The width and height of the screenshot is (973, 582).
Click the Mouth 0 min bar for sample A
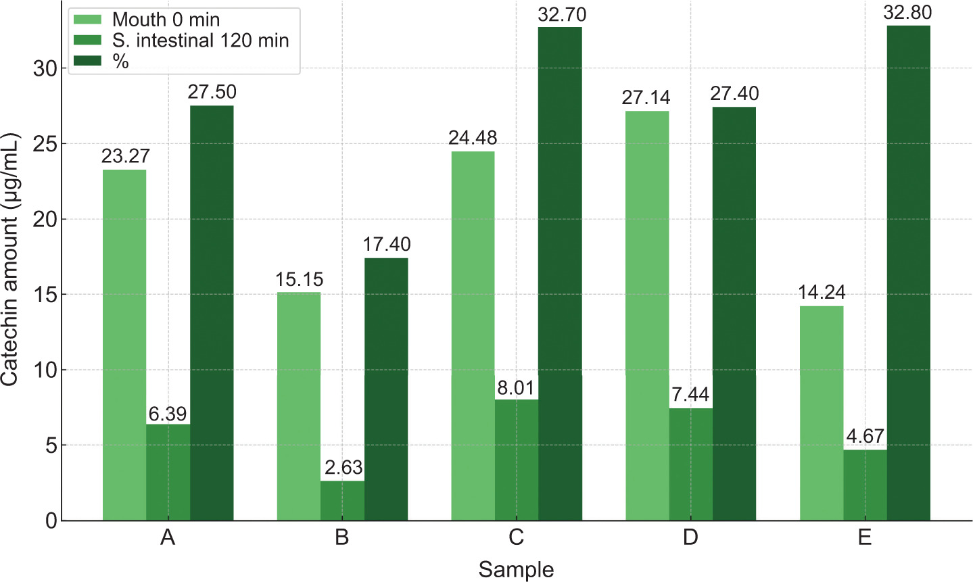[x=124, y=345]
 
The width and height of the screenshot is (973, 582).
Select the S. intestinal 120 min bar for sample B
[x=342, y=500]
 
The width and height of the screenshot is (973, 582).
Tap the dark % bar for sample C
[x=560, y=274]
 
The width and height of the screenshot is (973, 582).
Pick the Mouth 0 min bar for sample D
[x=647, y=316]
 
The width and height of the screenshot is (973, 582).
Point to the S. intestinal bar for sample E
[x=865, y=485]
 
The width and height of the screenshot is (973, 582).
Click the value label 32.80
[x=908, y=13]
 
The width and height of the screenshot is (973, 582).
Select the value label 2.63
[x=343, y=468]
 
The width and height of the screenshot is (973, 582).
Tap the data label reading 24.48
[x=473, y=138]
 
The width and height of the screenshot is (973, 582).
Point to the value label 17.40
[x=386, y=245]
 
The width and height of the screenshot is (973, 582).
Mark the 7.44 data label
[x=690, y=395]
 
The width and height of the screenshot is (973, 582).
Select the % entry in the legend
[x=121, y=62]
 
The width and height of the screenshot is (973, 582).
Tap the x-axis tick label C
[x=516, y=538]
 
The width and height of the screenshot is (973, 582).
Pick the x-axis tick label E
[x=864, y=538]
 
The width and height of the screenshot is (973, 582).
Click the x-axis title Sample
[x=516, y=570]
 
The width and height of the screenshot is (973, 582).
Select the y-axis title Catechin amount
[x=10, y=260]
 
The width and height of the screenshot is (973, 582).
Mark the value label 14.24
[x=821, y=293]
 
